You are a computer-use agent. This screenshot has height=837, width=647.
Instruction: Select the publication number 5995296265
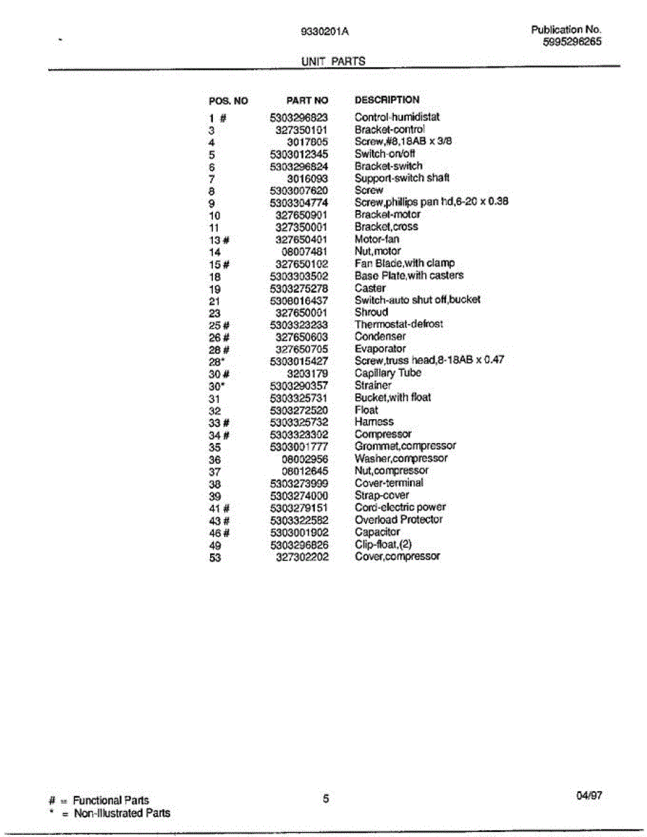point(572,42)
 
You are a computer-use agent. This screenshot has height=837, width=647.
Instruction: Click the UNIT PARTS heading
point(333,61)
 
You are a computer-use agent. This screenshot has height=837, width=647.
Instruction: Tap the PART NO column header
point(306,100)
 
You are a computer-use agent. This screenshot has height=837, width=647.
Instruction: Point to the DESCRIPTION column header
point(387,100)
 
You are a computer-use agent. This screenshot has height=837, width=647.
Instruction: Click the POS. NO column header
point(228,100)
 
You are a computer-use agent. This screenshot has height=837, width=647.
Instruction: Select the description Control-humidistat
point(397,117)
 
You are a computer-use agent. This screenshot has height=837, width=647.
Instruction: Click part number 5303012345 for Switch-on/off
point(299,154)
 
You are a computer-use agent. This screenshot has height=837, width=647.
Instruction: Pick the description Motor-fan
point(377,239)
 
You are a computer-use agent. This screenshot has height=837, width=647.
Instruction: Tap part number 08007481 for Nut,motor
point(304,251)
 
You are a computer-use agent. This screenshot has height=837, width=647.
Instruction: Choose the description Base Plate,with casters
point(408,276)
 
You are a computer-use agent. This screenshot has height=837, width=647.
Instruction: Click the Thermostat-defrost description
point(399,324)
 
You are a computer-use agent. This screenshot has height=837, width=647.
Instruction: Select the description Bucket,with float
point(392,398)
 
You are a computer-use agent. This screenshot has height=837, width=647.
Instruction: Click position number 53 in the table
point(215,557)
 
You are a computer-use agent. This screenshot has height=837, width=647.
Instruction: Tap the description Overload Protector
point(399,520)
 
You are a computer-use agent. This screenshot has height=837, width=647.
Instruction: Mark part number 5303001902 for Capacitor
point(299,532)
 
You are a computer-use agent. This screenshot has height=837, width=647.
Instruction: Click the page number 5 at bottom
point(326,799)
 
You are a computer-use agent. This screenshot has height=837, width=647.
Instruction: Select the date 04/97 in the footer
point(588,795)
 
